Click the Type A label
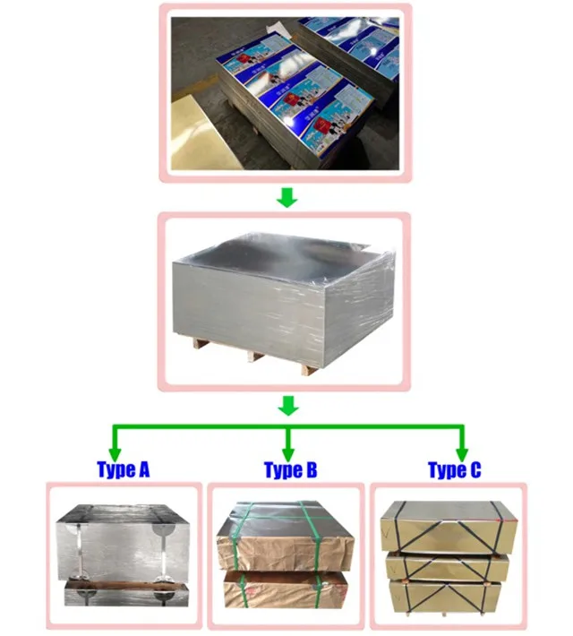click(x=123, y=469)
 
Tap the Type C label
click(x=454, y=469)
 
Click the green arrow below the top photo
click(x=286, y=197)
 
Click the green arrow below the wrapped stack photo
click(x=286, y=406)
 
